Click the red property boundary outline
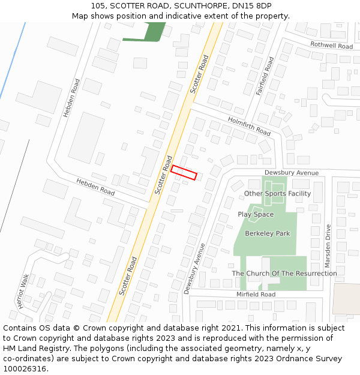(x=184, y=172)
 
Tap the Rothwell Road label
(x=331, y=46)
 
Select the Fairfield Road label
(x=265, y=76)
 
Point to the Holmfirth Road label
(x=249, y=126)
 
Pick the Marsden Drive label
(x=328, y=247)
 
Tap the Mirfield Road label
(x=256, y=295)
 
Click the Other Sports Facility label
(x=277, y=194)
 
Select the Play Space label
(x=256, y=214)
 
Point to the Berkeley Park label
(x=268, y=233)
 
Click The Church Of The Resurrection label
(x=284, y=274)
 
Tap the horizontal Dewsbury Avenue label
(x=292, y=173)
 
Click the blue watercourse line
(x=13, y=60)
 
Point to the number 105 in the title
(x=98, y=6)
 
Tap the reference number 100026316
(x=26, y=369)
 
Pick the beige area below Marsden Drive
(x=346, y=299)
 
